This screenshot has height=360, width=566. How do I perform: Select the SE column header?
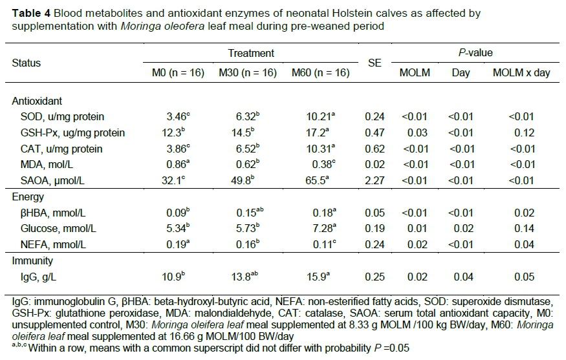[375, 63]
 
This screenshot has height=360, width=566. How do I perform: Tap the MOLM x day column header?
[521, 73]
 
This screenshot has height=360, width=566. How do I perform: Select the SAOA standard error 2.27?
[375, 181]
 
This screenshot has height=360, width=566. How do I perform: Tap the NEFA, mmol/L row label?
[56, 246]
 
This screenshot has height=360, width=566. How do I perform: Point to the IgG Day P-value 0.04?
[460, 277]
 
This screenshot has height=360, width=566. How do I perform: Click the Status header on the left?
[27, 63]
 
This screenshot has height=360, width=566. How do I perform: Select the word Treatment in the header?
[251, 54]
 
